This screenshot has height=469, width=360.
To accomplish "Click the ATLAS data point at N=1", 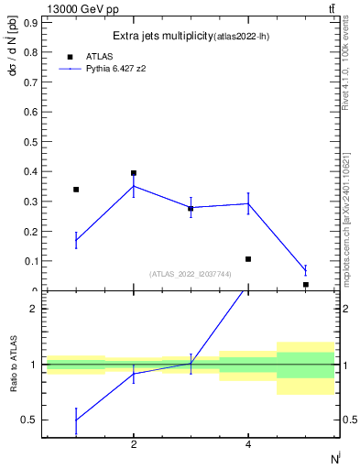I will point(76,190).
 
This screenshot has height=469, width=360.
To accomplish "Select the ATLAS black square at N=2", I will point(134,173).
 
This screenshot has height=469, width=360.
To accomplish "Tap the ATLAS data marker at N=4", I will point(248,259).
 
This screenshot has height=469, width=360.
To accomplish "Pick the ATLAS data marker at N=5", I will point(305,285).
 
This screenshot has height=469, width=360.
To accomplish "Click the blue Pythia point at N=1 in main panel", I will point(76,241).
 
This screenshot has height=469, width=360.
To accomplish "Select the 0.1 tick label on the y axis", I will point(31,261).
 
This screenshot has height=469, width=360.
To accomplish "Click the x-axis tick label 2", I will point(134,444).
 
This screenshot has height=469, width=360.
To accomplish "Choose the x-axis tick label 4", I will point(248,444).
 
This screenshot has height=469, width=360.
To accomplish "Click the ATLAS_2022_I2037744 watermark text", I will point(191,274).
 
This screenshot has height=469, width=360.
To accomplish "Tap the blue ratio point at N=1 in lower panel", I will point(76,420).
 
